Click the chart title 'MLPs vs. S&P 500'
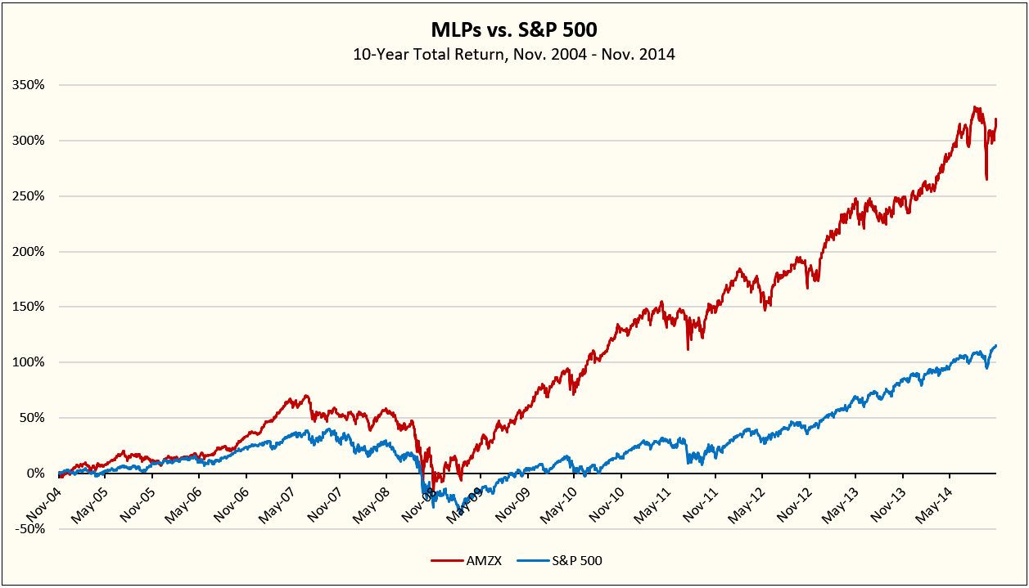point(514,30)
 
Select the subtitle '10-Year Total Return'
point(514,56)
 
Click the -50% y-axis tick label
point(31,528)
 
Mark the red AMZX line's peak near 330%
point(975,107)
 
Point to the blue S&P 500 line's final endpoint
point(995,346)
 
